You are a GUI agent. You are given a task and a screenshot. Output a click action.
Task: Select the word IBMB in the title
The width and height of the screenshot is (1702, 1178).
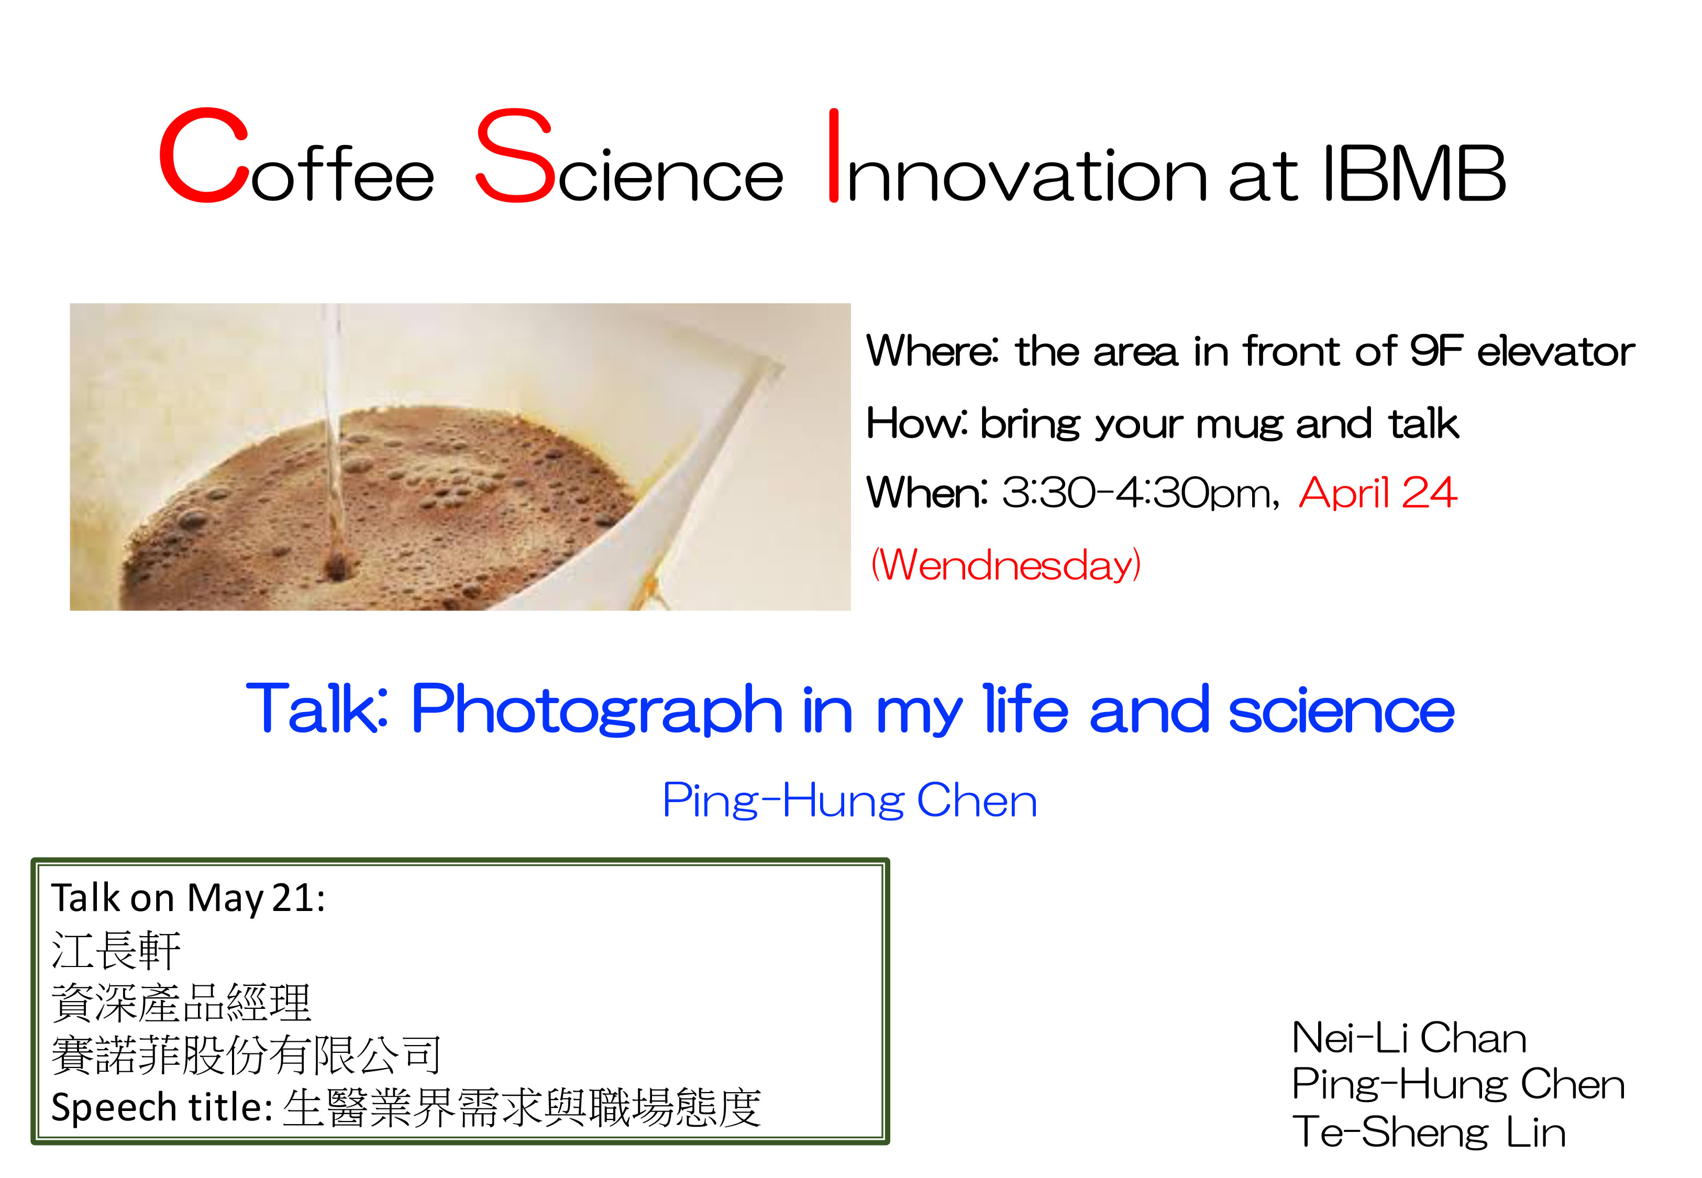(1413, 173)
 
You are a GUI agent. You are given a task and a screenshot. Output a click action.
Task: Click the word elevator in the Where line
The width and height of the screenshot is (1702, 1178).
(1555, 351)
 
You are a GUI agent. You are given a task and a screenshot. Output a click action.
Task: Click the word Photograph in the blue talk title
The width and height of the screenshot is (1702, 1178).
(596, 710)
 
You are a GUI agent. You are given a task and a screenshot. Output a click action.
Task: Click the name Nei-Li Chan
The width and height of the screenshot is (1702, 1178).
(1408, 1039)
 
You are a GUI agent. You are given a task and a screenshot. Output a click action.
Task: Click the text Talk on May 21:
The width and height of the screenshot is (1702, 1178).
(187, 898)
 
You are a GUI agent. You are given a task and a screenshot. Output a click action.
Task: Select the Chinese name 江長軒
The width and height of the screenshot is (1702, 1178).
(116, 951)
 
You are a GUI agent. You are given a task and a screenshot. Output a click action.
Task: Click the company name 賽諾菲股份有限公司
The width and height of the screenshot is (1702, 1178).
(246, 1055)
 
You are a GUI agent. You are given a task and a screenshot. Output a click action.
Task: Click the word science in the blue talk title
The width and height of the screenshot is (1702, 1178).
(1340, 710)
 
